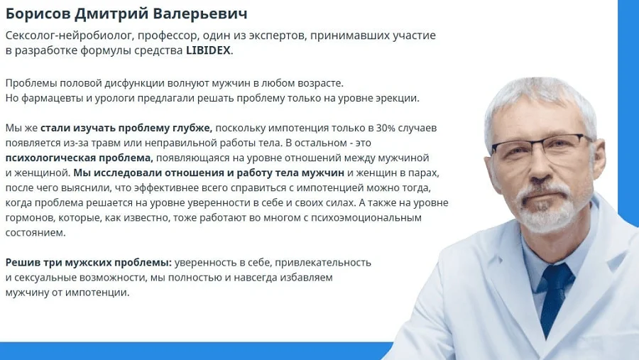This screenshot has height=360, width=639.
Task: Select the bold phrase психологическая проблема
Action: [79, 158]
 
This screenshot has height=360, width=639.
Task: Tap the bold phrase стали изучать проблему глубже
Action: [126, 128]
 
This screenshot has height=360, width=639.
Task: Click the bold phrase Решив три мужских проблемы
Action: [88, 262]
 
